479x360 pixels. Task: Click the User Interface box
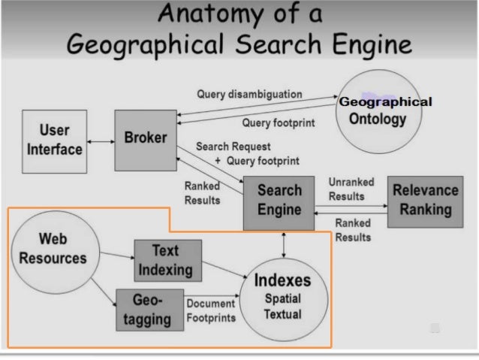coord(55,140)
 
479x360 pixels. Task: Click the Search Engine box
coord(279,201)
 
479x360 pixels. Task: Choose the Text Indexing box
coord(167,260)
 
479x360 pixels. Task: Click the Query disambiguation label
coord(249,95)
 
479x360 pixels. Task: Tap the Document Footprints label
coord(211,310)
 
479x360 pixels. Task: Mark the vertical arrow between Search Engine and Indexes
coord(284,243)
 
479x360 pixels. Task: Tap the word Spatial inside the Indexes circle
coord(282,299)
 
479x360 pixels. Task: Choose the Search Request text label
coord(233,147)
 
